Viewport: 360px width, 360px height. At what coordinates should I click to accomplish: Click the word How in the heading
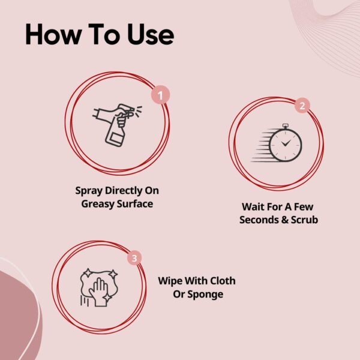(x=50, y=35)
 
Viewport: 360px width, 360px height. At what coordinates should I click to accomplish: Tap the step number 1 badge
(x=160, y=94)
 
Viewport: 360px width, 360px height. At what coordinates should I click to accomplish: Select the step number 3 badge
(x=136, y=259)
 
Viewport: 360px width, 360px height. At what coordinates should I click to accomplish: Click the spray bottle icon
(x=118, y=124)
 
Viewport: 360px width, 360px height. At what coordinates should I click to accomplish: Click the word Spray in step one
(x=89, y=191)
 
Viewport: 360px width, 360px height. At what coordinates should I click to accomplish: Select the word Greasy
(x=100, y=203)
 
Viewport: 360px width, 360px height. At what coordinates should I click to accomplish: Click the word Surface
(x=136, y=203)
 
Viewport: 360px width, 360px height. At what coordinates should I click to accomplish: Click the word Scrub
(x=304, y=220)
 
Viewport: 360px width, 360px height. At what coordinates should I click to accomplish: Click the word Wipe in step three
(x=170, y=281)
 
